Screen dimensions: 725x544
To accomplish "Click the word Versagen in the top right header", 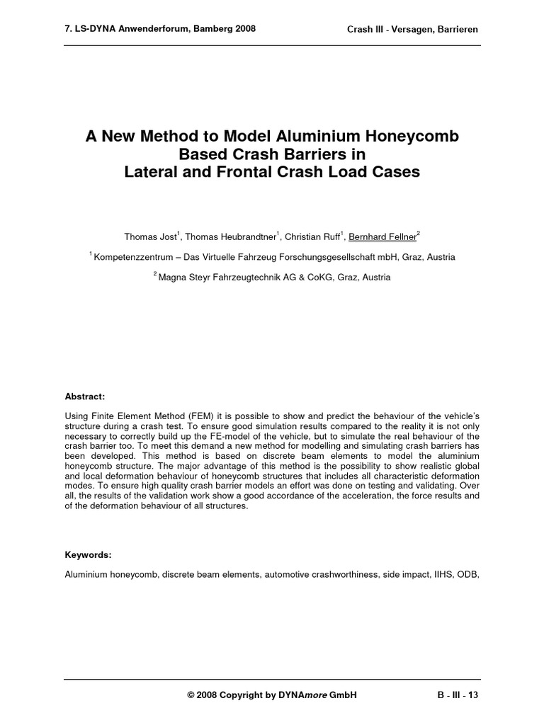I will [416, 30].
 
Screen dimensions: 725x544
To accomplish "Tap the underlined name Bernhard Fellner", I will [382, 236].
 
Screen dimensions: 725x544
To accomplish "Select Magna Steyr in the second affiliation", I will [183, 278].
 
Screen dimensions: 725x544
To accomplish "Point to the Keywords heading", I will [87, 556].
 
